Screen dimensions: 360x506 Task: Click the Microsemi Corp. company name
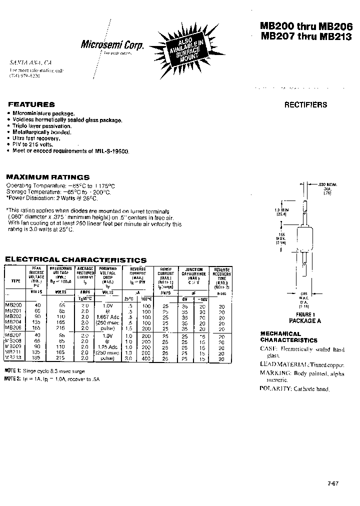pyautogui.click(x=112, y=45)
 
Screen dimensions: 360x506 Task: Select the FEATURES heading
pyautogui.click(x=31, y=104)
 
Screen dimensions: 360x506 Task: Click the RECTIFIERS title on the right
pyautogui.click(x=305, y=104)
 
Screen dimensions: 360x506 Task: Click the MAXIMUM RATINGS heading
pyautogui.click(x=47, y=177)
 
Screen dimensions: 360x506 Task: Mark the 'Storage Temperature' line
pyautogui.click(x=58, y=192)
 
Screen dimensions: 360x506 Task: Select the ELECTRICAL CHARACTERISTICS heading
pyautogui.click(x=75, y=260)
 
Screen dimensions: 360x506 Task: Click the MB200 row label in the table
pyautogui.click(x=13, y=304)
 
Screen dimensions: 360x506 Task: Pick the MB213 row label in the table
pyautogui.click(x=13, y=358)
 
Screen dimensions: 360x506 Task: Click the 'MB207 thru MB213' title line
pyautogui.click(x=305, y=36)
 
